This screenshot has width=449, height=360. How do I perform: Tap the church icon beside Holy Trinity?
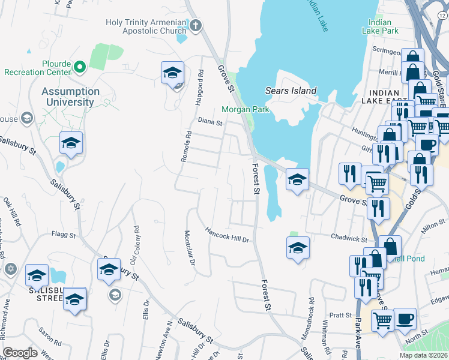coord(196,25)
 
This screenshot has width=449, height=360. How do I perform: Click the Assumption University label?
coord(71,97)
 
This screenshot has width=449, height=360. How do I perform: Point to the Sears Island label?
coord(291,91)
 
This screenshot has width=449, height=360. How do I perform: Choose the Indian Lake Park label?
coord(381,26)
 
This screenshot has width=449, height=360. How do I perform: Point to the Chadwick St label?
coord(349,238)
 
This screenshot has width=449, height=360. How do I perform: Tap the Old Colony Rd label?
coord(135,245)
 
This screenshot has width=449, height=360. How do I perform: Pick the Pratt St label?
coord(339,314)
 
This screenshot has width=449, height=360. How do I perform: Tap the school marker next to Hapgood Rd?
coord(172,73)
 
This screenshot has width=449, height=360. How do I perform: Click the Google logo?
coord(20,353)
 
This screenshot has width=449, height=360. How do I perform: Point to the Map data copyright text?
coord(423,355)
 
